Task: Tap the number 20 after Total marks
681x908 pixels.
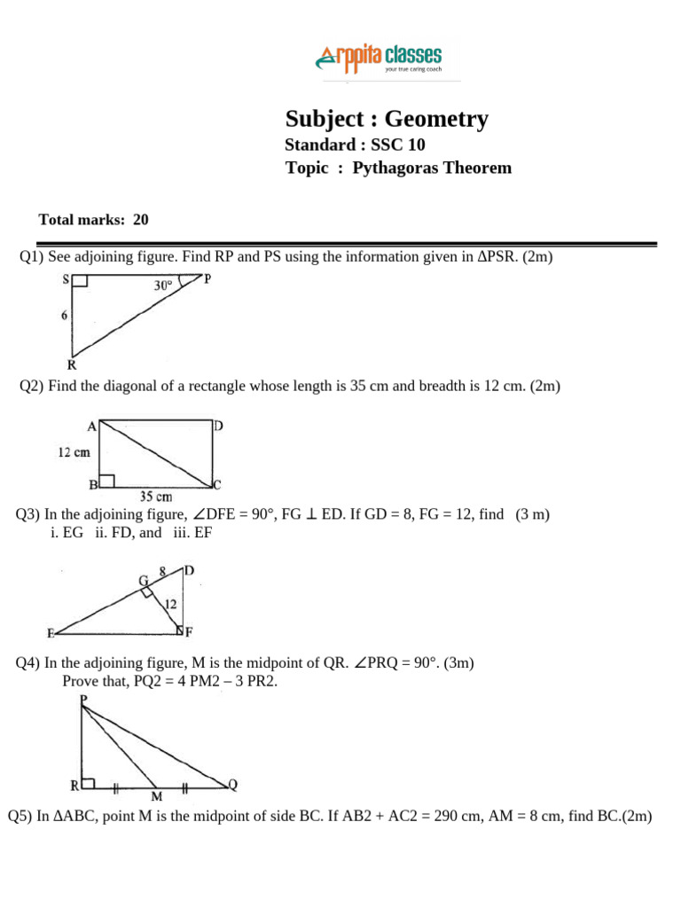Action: coord(141,219)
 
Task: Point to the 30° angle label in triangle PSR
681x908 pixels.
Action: coord(161,286)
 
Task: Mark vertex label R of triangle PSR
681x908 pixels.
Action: coord(71,364)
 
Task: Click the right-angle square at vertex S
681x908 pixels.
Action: coord(80,281)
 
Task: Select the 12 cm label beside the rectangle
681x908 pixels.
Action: coord(74,452)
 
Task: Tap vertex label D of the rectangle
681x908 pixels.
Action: coord(218,427)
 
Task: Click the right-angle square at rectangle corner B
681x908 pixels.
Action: coord(106,481)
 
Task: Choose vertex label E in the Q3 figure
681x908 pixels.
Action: coord(51,633)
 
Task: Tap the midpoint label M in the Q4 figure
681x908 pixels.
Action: coord(156,796)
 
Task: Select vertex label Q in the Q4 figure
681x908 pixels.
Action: coord(232,784)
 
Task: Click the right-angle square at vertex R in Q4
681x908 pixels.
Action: coord(88,783)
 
